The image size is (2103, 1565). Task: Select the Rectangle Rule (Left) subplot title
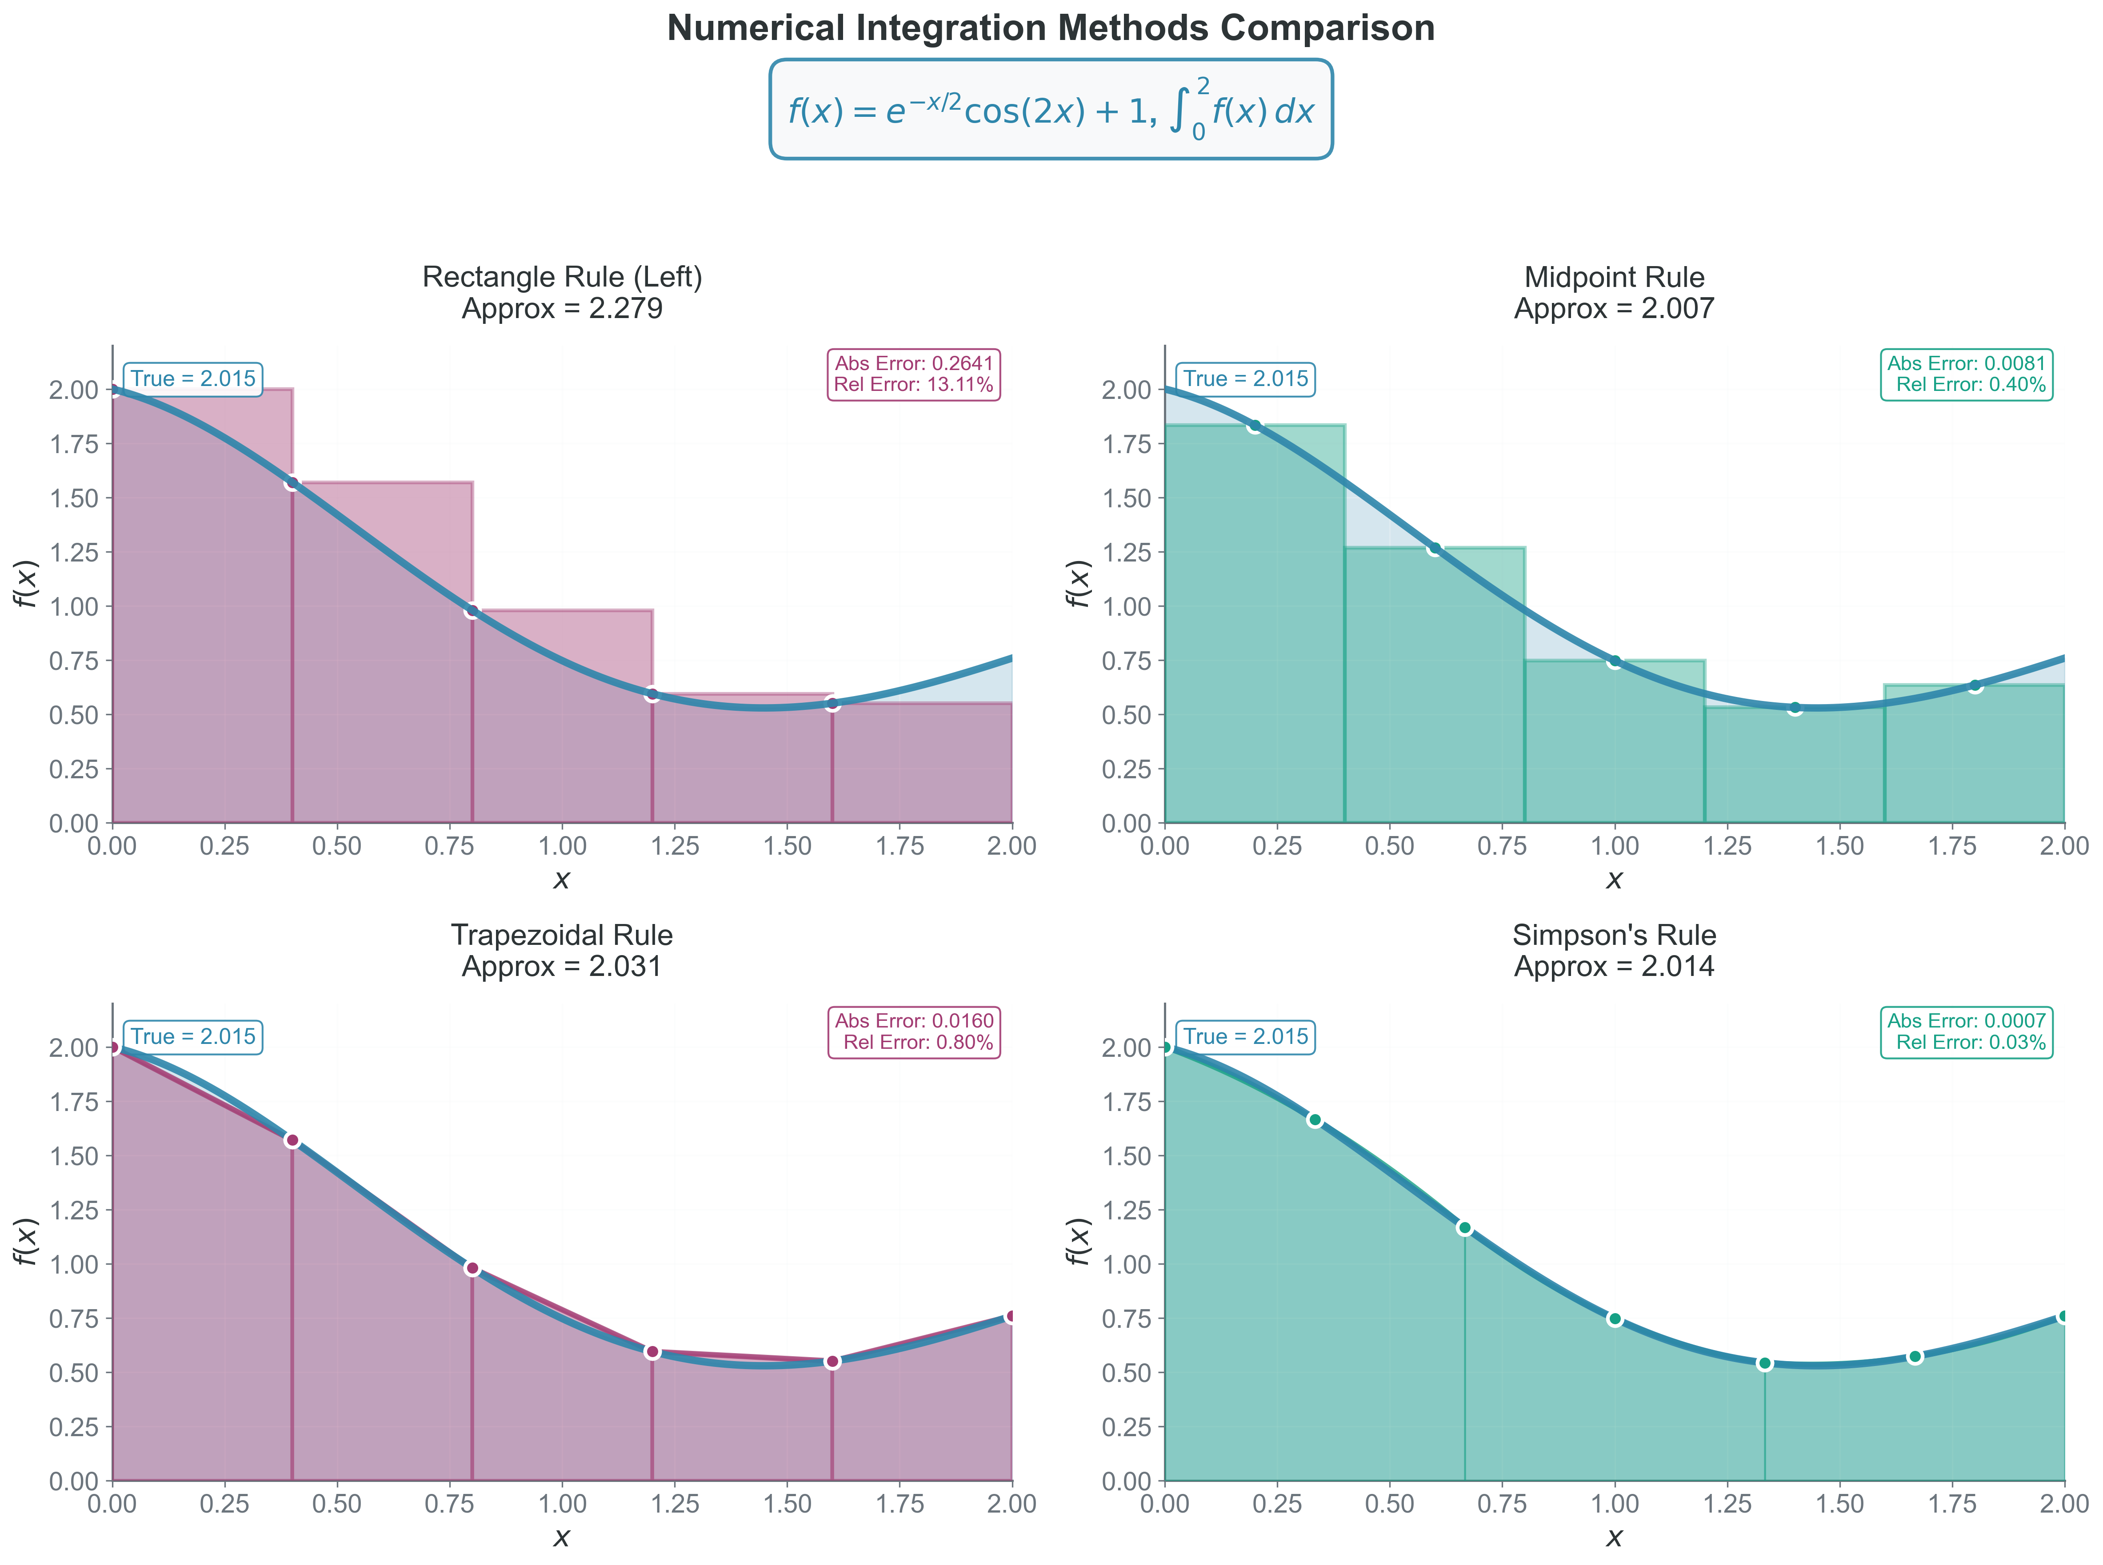562,292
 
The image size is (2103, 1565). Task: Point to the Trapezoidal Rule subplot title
562,950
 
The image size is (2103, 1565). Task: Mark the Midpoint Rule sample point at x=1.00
1614,661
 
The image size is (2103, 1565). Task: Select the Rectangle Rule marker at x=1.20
652,694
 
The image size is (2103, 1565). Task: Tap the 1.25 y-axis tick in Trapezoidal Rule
74,1210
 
